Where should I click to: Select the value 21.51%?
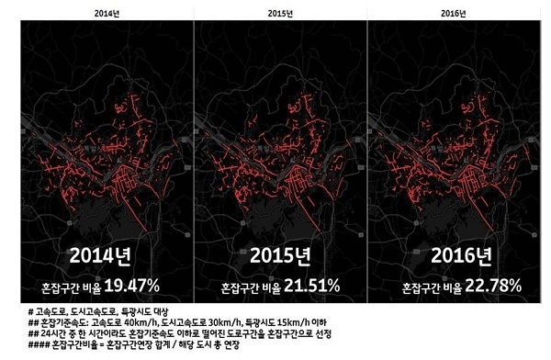309,286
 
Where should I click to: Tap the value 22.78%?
483,286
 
